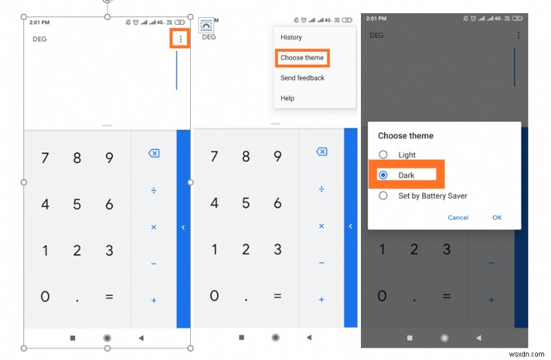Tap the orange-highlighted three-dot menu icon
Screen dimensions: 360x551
[181, 39]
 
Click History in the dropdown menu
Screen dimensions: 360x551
[291, 37]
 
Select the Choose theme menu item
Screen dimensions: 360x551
[302, 58]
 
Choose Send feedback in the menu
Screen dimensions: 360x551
[302, 78]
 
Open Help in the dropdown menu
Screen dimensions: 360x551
[287, 98]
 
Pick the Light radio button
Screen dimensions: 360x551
[384, 155]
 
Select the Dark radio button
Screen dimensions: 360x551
[384, 175]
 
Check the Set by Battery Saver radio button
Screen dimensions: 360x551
[384, 195]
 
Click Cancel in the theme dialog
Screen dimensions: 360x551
[458, 218]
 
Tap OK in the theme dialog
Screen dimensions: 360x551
[497, 218]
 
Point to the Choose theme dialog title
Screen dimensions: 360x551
[406, 136]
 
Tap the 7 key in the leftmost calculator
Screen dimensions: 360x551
[45, 158]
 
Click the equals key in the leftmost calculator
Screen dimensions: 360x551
[109, 297]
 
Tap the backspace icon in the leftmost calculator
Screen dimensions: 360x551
[154, 153]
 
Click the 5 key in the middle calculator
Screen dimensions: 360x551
[246, 204]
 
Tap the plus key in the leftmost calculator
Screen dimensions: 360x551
[154, 300]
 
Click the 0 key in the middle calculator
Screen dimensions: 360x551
[214, 297]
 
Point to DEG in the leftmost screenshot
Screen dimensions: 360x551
[40, 39]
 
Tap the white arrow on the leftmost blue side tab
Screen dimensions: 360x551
[183, 227]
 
